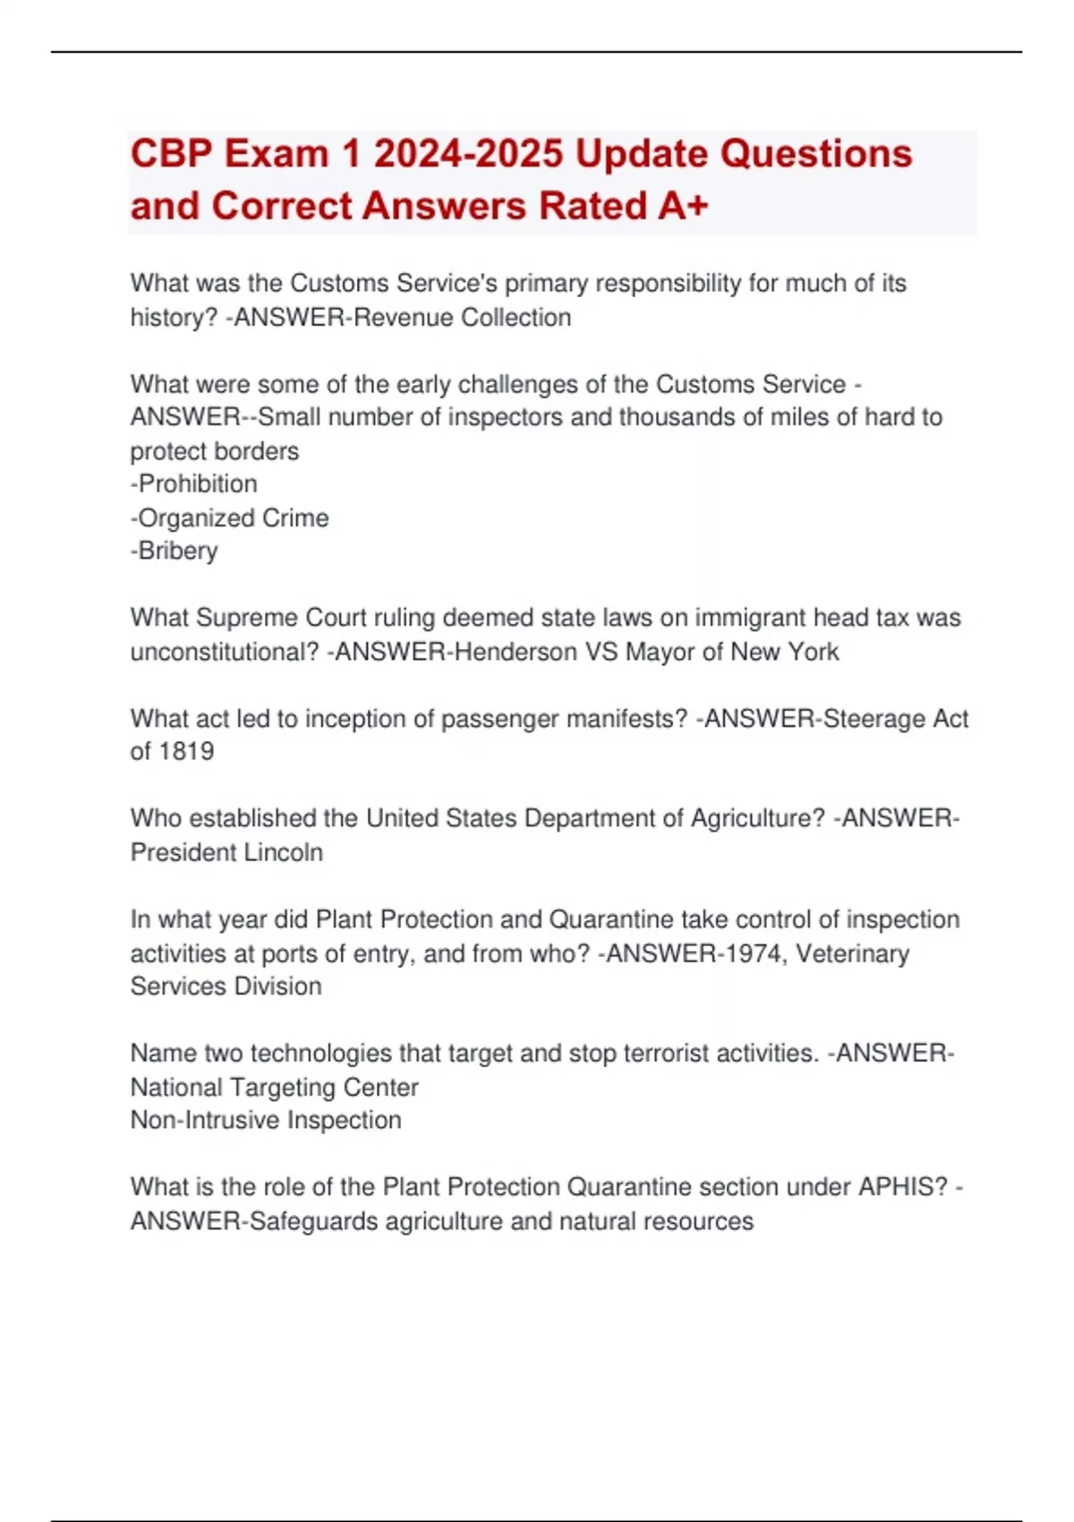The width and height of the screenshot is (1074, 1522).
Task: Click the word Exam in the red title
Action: (277, 154)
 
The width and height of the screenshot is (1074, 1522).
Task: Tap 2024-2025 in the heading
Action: (468, 154)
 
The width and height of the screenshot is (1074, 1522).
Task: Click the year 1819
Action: (185, 752)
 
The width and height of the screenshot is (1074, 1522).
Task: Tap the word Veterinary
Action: (852, 953)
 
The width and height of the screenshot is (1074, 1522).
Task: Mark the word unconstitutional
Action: (225, 652)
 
